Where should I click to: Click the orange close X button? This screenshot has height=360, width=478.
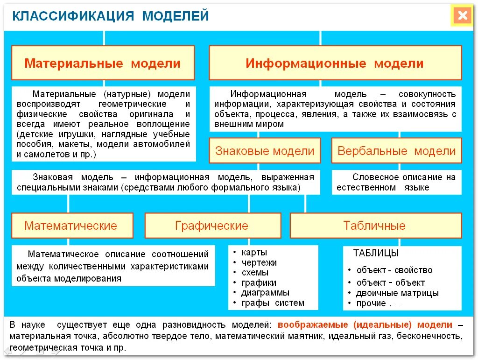pos(462,16)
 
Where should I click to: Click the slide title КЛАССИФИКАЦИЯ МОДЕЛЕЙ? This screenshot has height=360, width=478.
pos(110,16)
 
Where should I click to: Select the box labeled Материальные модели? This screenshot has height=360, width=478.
pos(103,63)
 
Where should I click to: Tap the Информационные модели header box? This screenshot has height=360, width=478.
pos(335,63)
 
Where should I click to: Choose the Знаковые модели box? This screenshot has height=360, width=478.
pos(265,151)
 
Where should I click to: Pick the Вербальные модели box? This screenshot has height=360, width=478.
pos(396,151)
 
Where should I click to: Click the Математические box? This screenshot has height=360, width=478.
pos(71,226)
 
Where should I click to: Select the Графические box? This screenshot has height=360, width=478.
pos(212,226)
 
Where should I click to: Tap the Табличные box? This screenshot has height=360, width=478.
pos(374,226)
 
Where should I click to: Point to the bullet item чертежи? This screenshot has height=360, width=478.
pos(259,262)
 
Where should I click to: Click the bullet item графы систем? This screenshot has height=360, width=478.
pos(273,303)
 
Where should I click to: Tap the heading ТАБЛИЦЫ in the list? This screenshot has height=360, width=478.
pos(376,254)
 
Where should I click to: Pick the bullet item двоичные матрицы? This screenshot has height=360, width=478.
pos(397,293)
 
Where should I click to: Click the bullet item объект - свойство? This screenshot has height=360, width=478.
pos(394,270)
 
